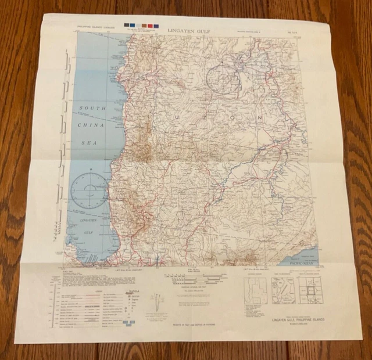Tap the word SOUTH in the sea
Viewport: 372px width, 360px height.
(92, 109)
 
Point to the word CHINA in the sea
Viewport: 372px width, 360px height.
(92, 125)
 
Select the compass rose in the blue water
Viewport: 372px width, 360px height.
(90, 190)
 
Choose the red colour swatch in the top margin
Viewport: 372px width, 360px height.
(151, 26)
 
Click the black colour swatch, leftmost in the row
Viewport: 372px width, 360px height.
(127, 26)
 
